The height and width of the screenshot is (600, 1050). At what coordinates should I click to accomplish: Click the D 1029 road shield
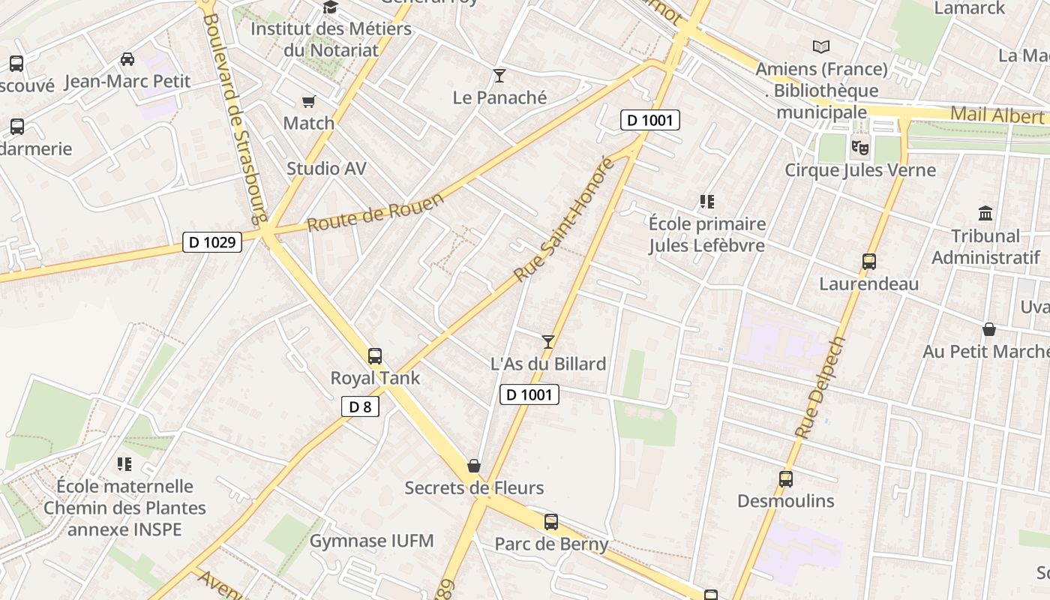coord(212,242)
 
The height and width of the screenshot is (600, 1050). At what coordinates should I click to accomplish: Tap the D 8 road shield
coord(360,407)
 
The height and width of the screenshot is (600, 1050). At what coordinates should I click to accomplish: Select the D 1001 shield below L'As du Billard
coord(529,394)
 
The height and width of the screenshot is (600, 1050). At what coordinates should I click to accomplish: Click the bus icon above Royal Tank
coord(375,356)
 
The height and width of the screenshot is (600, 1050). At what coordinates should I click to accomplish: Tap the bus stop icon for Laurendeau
coord(868,262)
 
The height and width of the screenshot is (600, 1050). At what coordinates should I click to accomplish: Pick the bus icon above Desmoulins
coord(785,478)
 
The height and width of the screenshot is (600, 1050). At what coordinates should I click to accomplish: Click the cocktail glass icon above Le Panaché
coord(499,76)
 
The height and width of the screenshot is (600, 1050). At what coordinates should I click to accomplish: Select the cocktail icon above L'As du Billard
coord(548,342)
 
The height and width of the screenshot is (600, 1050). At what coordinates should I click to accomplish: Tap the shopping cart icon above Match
coord(308,101)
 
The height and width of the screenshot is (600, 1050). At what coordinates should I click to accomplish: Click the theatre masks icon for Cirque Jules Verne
coord(859,148)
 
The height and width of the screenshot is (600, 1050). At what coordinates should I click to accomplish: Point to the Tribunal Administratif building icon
coord(985,214)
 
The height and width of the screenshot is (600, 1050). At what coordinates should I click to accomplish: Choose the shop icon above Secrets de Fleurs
coord(474,466)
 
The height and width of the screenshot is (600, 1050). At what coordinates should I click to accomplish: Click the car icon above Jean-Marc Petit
coord(127,59)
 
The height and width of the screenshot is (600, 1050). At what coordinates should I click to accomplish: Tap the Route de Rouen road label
coord(376,211)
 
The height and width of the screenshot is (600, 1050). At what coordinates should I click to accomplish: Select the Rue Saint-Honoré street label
coord(564,220)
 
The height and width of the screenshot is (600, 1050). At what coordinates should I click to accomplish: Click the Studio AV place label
coord(326,169)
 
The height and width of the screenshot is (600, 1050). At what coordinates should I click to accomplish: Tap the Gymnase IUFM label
coord(371,541)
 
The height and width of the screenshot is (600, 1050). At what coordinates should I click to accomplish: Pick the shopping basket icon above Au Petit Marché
coord(989,329)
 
